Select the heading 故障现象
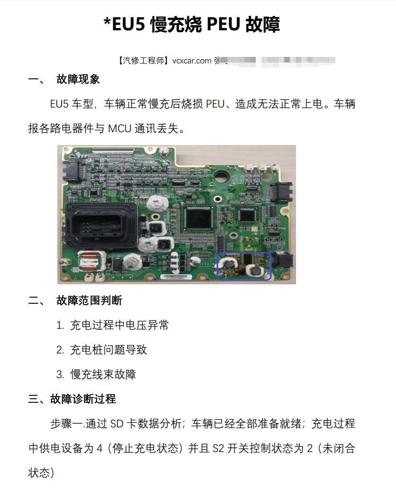[x=78, y=79]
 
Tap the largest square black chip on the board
[x=198, y=217]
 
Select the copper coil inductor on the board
[x=89, y=261]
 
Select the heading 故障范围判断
[x=89, y=300]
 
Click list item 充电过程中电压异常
[x=119, y=325]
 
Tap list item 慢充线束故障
[x=103, y=374]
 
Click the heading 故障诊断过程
[x=82, y=399]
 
